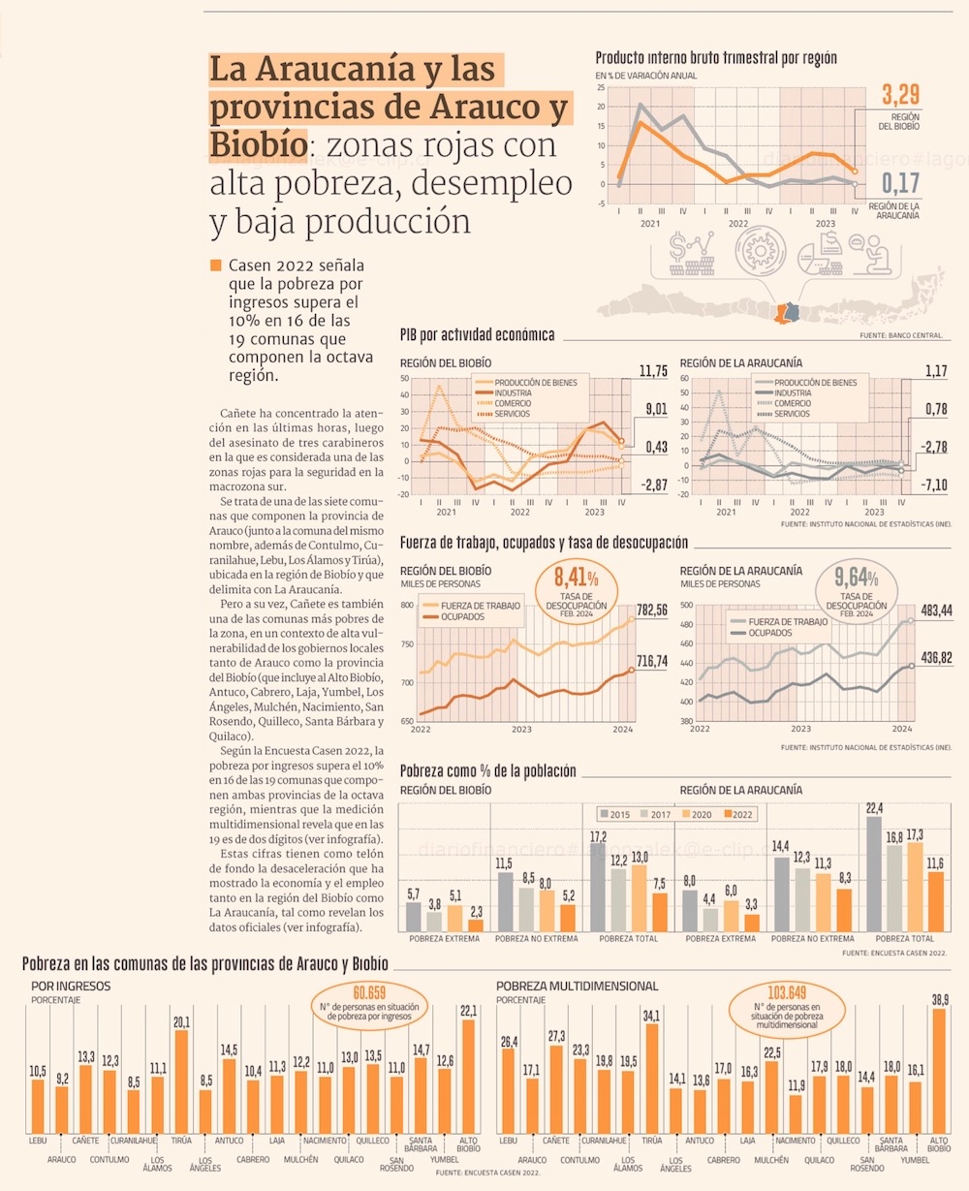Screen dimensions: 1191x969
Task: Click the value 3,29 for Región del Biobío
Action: point(900,95)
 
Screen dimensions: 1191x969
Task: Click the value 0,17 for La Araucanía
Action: point(900,182)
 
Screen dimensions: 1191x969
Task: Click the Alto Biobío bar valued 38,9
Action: point(938,1071)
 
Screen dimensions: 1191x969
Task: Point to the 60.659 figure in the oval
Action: point(369,992)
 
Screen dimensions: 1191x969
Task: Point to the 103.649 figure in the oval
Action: point(786,992)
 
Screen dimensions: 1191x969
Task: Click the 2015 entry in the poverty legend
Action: point(613,814)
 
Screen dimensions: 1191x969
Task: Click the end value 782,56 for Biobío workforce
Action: point(652,611)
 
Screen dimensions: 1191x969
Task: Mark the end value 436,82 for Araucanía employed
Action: point(936,658)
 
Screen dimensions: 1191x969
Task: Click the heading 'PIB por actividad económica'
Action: point(477,335)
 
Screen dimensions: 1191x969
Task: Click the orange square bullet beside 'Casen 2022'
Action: point(215,266)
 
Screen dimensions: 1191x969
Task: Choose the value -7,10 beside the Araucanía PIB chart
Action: point(935,485)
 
